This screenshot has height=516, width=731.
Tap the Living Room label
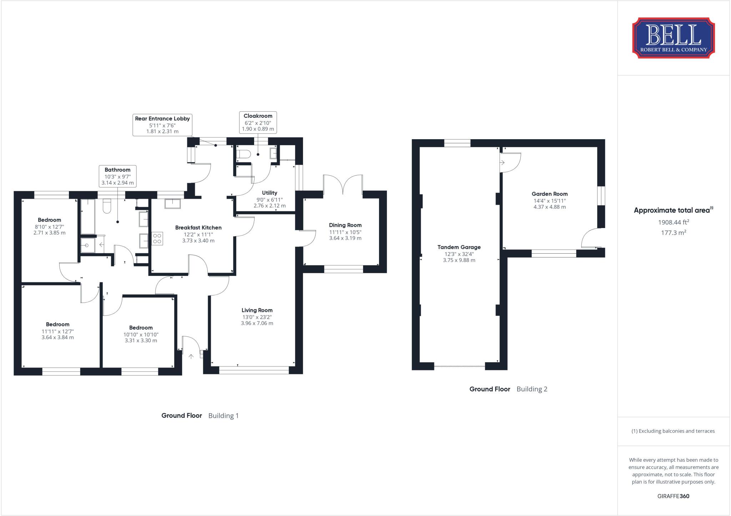click(257, 310)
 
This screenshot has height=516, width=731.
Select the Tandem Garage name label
click(459, 247)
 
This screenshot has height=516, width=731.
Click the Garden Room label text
click(549, 194)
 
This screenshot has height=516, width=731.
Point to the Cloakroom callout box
click(258, 122)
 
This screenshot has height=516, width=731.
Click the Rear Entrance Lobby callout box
click(162, 125)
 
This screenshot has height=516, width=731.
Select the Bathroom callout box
click(117, 176)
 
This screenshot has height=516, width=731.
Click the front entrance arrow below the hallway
click(191, 356)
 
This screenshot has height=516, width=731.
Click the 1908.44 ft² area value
click(673, 222)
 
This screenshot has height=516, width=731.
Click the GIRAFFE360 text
click(673, 496)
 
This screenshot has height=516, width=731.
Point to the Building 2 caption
click(532, 389)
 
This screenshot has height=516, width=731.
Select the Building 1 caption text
click(223, 415)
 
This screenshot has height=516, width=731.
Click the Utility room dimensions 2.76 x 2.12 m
click(269, 206)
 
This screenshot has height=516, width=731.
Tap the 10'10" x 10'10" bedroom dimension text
click(141, 334)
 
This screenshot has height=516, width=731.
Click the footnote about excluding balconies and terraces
click(673, 431)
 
